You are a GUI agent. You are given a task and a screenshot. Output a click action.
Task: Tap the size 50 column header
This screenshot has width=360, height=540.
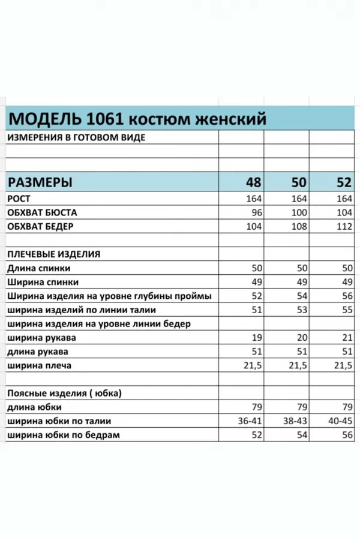298,182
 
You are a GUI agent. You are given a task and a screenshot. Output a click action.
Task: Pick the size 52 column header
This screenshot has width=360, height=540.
343,182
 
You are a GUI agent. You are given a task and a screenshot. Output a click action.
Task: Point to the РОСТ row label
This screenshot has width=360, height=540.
19,199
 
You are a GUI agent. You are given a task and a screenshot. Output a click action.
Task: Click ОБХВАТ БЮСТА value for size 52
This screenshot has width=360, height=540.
344,213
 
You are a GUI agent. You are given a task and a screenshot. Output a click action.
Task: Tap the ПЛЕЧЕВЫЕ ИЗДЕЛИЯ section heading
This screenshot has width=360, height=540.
53,254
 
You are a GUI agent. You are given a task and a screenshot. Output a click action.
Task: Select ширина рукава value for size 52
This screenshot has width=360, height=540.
346,338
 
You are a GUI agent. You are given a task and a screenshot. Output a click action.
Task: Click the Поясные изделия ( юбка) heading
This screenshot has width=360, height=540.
64,394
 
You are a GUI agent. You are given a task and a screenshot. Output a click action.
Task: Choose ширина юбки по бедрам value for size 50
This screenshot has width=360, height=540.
301,435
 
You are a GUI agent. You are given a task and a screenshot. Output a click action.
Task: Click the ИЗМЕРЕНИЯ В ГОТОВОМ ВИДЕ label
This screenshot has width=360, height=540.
76,137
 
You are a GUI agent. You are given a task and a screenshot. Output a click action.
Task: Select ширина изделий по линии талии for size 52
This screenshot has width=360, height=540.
346,310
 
